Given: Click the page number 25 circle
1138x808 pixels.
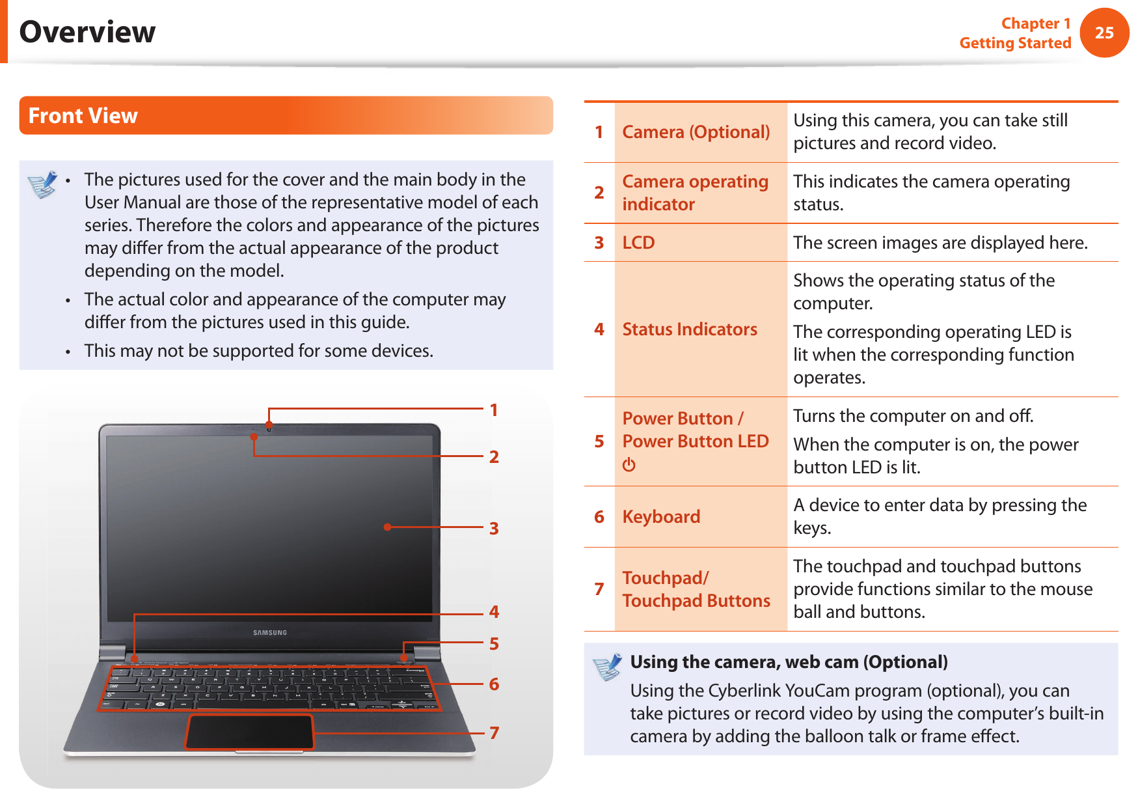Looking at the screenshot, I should [1104, 33].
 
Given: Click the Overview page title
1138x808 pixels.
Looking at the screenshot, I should [88, 32].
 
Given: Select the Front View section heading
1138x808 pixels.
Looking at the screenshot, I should [83, 116].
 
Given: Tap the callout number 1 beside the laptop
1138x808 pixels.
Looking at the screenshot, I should [494, 410].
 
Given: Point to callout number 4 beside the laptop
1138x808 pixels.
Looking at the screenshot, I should [494, 612].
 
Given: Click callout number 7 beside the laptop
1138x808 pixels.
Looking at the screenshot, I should [494, 733].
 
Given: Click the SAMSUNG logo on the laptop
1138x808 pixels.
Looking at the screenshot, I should [270, 632].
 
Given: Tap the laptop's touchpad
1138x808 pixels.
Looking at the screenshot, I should [250, 732].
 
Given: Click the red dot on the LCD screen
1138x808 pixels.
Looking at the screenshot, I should [387, 527].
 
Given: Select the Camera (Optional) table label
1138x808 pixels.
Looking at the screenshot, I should [696, 132].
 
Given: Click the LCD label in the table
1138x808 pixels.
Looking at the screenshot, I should [638, 243].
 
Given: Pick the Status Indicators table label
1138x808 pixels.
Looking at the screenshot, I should [690, 329].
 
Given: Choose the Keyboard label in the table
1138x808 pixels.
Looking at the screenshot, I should [661, 517].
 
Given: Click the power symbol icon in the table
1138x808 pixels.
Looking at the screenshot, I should [629, 465].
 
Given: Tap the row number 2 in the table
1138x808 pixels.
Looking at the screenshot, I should [599, 193].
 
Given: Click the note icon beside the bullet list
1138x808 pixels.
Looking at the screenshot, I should [43, 184].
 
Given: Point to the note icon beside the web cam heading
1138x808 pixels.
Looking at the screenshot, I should [608, 667].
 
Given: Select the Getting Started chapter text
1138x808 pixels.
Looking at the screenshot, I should [1015, 44].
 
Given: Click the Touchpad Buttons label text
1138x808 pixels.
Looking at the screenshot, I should [696, 601].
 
